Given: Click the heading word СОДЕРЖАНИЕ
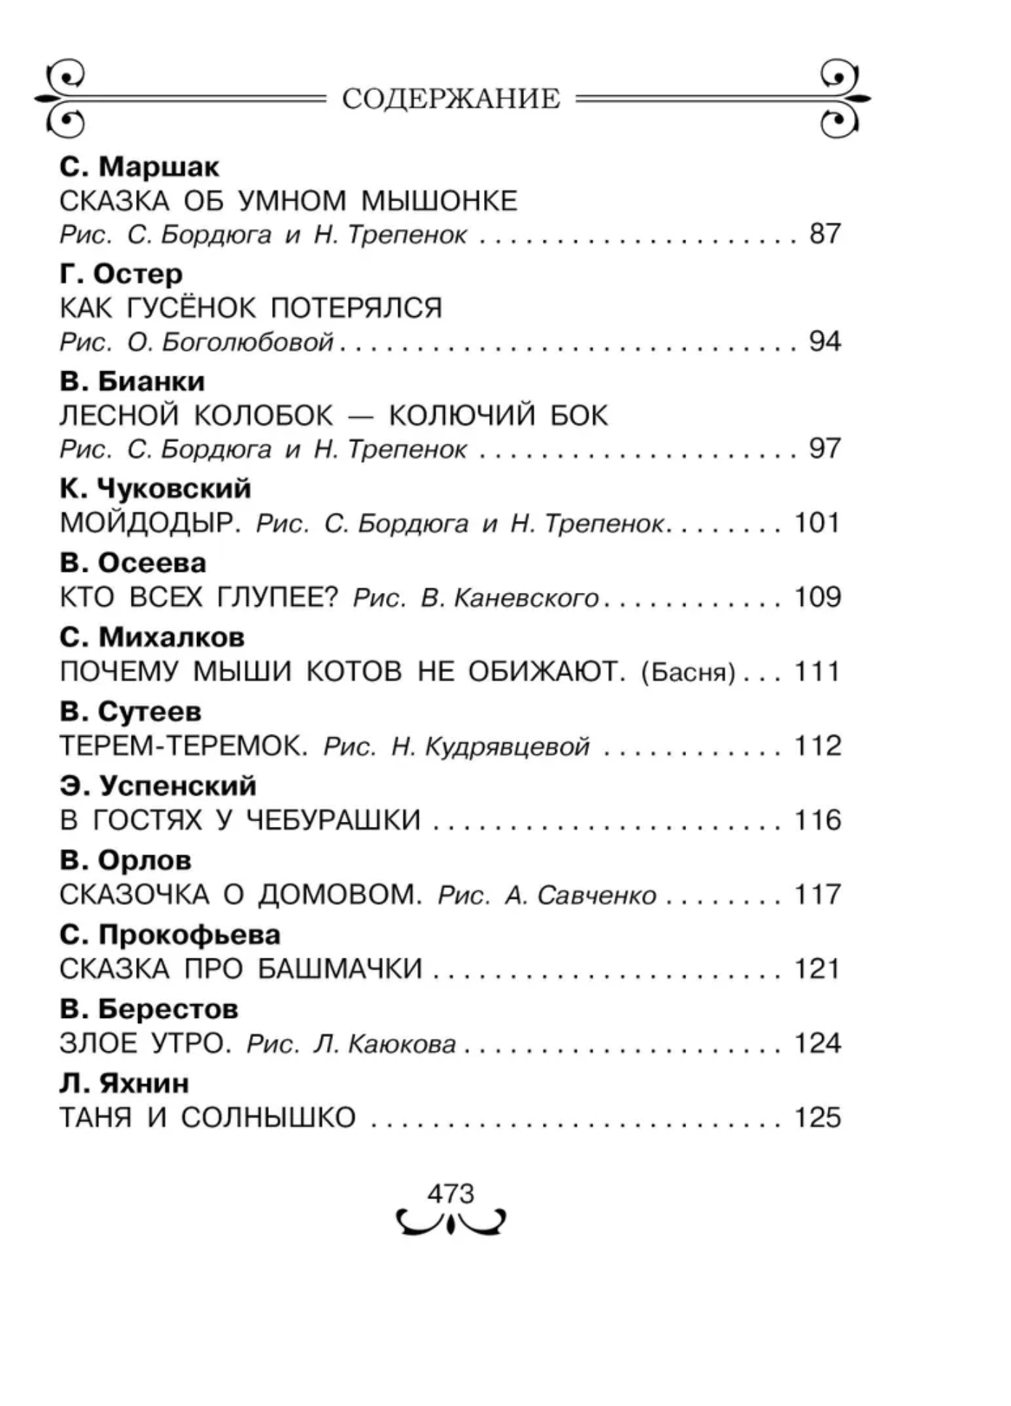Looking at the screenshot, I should (x=451, y=99).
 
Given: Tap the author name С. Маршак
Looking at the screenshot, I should (x=139, y=167).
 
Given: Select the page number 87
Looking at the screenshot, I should (x=825, y=234).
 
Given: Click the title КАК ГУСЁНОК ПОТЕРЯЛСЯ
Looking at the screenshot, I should (x=251, y=308).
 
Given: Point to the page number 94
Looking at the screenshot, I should (x=825, y=341).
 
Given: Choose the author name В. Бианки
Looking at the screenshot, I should (x=132, y=381).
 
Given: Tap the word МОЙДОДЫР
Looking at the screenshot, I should (x=150, y=523).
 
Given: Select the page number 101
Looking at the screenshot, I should (x=817, y=523).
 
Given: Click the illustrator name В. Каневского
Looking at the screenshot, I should (x=510, y=598).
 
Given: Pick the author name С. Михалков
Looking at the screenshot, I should (x=152, y=637).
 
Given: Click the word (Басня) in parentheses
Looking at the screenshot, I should (x=688, y=673).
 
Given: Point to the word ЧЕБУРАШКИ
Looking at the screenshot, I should (x=333, y=820).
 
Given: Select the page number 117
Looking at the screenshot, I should (x=817, y=894).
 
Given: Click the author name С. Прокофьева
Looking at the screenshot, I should (x=170, y=934).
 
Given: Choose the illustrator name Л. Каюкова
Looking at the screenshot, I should (x=384, y=1044).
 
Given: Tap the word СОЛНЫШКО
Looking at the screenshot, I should (x=268, y=1118).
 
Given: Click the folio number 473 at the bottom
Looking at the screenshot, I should (x=451, y=1193).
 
